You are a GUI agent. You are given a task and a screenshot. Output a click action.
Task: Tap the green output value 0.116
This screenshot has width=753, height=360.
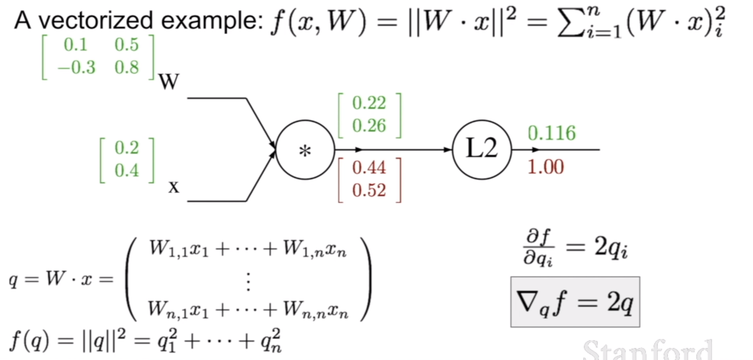click(x=552, y=133)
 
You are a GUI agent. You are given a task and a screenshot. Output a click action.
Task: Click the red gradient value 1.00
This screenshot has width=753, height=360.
click(x=546, y=167)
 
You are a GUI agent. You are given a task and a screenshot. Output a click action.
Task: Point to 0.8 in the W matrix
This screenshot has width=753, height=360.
click(x=127, y=67)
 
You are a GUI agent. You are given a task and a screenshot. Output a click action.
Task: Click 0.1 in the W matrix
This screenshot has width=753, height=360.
click(x=76, y=45)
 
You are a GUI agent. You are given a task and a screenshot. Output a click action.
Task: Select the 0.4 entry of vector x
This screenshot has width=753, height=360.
click(x=127, y=170)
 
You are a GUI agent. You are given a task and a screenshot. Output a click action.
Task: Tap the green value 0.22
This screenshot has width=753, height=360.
click(x=369, y=103)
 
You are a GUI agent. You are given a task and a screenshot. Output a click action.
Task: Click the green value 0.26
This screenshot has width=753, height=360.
click(x=369, y=126)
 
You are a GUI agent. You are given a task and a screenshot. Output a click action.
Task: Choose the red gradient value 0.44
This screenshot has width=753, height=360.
click(x=369, y=168)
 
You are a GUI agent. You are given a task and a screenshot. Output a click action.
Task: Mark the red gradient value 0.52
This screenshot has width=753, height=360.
click(x=369, y=190)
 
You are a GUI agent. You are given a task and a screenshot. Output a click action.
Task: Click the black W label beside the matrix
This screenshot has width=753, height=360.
click(x=169, y=82)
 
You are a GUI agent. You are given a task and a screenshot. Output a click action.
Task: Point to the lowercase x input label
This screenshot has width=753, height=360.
click(x=174, y=187)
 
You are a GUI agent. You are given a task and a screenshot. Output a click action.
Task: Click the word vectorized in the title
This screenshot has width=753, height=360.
click(x=96, y=21)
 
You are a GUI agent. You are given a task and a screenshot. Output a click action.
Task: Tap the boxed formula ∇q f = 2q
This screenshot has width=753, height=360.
click(x=575, y=302)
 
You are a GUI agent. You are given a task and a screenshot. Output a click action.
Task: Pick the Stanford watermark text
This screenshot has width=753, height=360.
click(x=647, y=350)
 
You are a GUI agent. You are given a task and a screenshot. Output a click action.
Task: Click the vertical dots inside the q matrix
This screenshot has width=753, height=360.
click(x=248, y=281)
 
